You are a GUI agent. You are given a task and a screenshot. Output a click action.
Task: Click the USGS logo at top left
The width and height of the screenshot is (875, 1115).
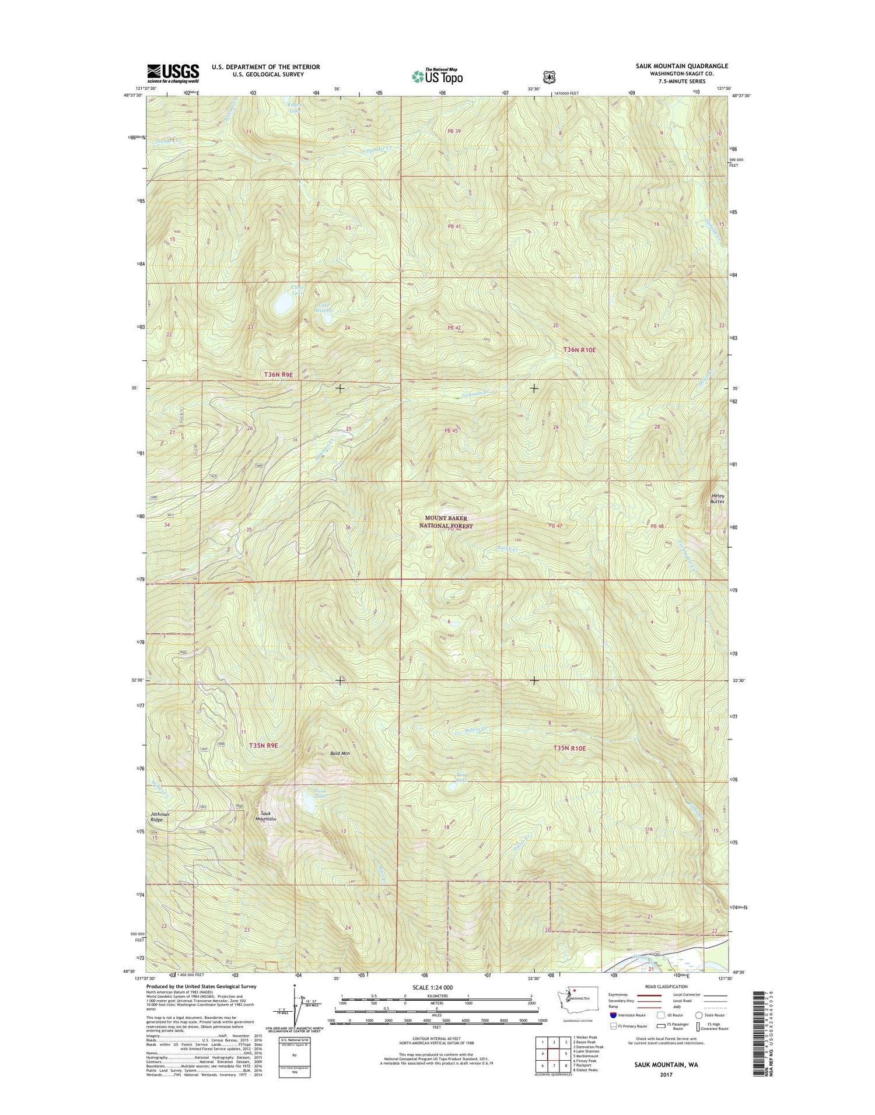coord(173,73)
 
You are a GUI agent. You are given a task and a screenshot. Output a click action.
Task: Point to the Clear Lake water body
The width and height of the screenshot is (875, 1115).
coord(283,303)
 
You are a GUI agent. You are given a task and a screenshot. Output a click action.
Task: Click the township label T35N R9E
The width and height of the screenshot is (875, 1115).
coord(262,745)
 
